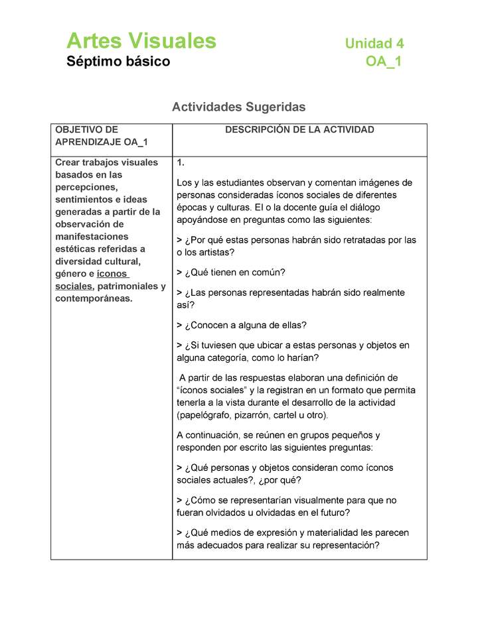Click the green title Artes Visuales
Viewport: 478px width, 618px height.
[x=141, y=41]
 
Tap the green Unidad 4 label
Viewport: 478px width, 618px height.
[x=374, y=44]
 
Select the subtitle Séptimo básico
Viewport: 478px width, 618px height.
[x=118, y=62]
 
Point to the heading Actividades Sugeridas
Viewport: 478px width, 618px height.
[x=238, y=107]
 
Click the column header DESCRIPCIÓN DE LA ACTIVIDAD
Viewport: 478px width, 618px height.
[x=299, y=130]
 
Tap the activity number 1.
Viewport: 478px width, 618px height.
[x=181, y=162]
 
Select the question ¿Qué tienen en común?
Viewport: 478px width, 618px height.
[x=230, y=273]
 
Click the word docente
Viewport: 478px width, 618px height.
[x=341, y=207]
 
